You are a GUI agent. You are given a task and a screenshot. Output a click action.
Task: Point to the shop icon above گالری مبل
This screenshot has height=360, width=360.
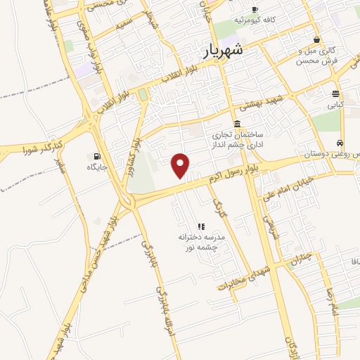319,40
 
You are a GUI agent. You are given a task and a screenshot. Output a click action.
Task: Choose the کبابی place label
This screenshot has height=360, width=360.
335,105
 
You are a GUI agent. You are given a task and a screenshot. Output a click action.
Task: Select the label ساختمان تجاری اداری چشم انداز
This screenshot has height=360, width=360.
236,138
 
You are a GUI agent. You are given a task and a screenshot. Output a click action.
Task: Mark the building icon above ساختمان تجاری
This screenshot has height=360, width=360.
236,124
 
